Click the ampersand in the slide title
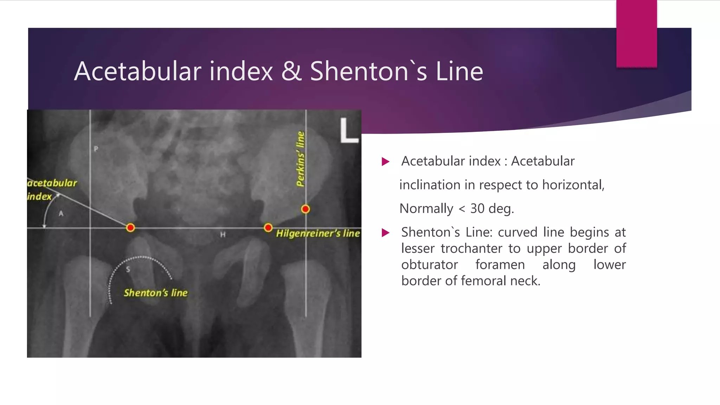291,71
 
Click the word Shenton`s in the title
368,71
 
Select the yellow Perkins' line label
300,159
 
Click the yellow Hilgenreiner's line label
318,233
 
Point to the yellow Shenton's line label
155,293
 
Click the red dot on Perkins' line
306,209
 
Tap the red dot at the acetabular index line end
130,228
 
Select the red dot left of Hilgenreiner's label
268,228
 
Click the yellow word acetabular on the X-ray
52,183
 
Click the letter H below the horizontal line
223,234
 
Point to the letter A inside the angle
61,213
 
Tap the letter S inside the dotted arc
128,269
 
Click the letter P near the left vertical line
96,149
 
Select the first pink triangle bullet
386,162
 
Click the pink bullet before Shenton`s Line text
386,233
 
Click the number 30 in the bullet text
477,208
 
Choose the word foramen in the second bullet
500,265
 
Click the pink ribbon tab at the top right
636,33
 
